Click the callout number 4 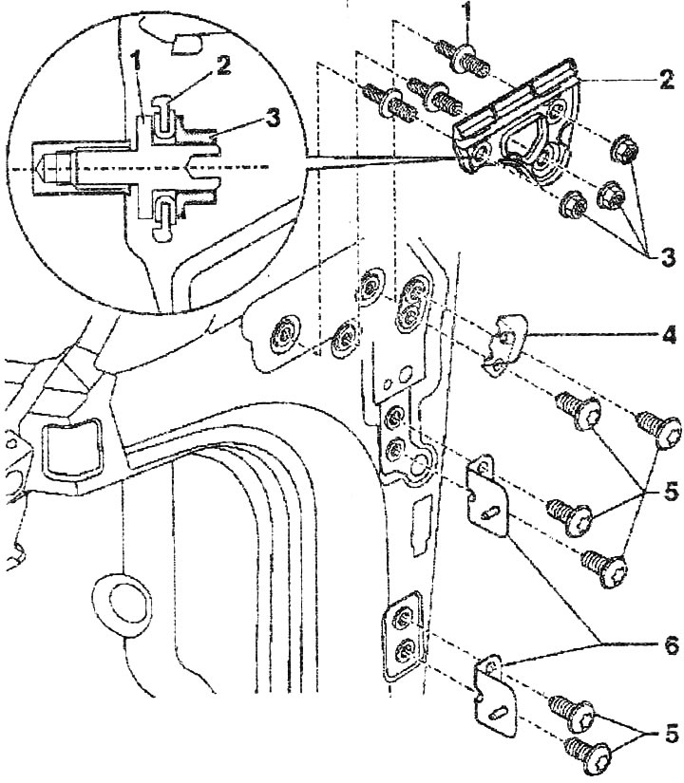point(669,335)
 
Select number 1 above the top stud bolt point(467,12)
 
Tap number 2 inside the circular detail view point(223,65)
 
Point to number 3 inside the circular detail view point(273,119)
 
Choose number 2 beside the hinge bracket point(667,81)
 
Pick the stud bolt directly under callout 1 point(462,58)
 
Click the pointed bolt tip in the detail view point(39,168)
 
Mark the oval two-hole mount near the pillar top point(413,303)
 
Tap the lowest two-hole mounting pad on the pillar point(404,635)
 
